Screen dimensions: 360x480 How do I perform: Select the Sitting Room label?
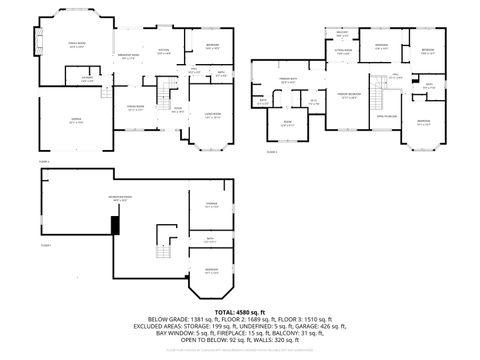click(342, 52)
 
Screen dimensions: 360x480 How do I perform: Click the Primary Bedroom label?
click(345, 97)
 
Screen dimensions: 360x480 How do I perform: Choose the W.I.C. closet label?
click(313, 101)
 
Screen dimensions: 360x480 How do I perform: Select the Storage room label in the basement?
click(211, 205)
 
